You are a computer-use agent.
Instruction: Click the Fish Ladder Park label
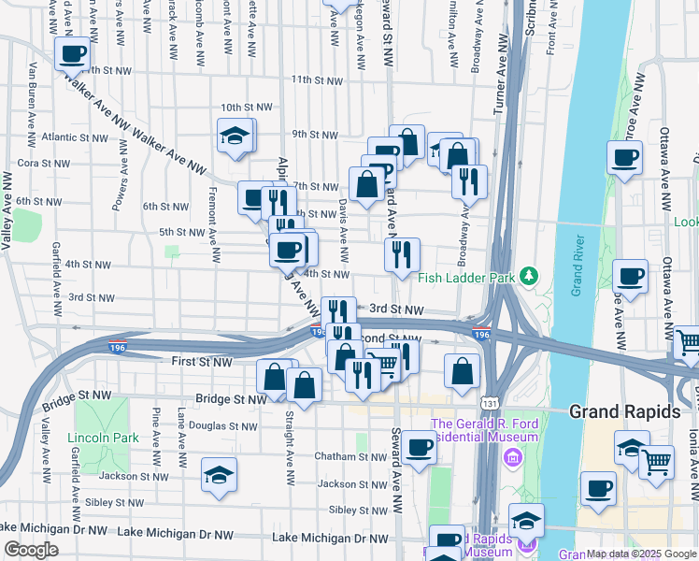467,277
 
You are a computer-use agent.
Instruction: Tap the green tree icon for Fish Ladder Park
529,276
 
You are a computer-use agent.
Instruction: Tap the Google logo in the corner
31,550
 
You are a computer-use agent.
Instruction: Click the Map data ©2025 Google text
640,554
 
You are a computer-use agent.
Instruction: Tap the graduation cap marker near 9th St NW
235,137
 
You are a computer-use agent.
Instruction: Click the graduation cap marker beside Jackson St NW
219,475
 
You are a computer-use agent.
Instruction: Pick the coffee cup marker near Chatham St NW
420,448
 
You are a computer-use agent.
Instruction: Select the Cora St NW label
39,162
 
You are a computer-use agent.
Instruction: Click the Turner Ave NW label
498,79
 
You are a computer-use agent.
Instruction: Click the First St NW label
202,361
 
